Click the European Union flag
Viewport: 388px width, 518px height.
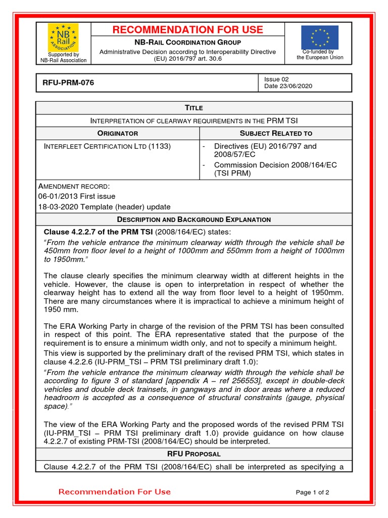point(320,37)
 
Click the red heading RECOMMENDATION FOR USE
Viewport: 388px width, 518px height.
point(187,30)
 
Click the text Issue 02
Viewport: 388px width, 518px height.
point(276,79)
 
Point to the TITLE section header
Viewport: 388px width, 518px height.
point(193,108)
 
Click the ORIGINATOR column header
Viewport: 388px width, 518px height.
point(118,134)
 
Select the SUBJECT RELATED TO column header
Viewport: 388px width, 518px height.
point(276,134)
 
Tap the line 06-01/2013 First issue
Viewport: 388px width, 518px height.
point(77,196)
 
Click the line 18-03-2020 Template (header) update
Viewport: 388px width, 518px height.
point(104,207)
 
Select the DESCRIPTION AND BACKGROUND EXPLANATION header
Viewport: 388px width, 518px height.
point(193,220)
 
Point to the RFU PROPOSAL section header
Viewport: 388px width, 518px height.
point(193,455)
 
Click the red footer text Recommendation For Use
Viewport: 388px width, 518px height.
point(115,492)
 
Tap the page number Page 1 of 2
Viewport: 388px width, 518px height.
point(312,492)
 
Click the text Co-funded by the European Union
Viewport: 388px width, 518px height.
point(320,55)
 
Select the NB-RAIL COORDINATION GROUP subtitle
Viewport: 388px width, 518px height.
point(187,42)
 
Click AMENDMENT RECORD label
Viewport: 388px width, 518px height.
point(73,186)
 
